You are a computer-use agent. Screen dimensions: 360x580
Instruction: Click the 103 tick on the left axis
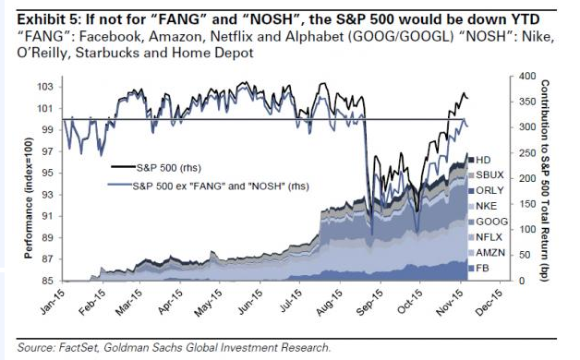click(x=42, y=87)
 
